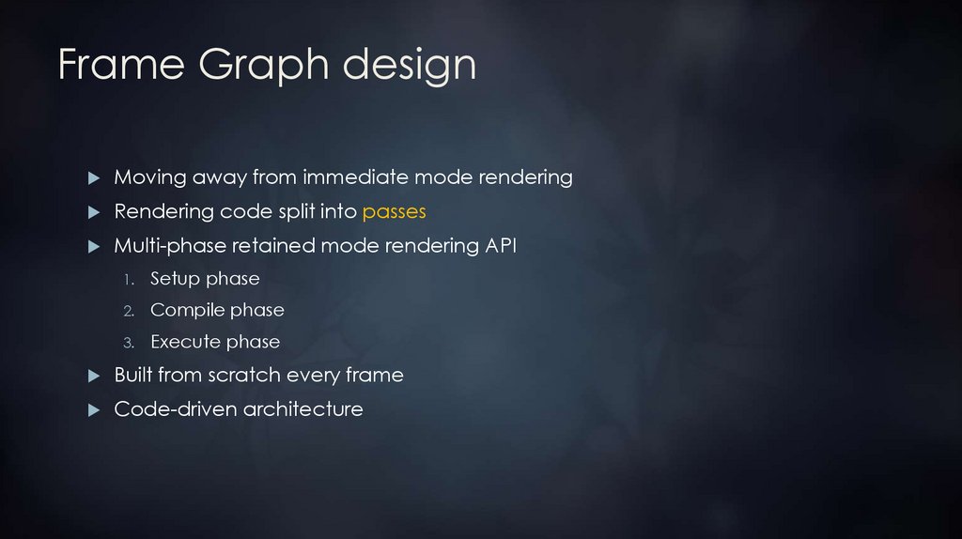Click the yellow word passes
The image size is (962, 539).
[x=395, y=212]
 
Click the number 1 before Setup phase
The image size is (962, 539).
[x=130, y=280]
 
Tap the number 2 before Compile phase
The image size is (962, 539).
[x=130, y=311]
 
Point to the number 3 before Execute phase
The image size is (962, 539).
[x=130, y=343]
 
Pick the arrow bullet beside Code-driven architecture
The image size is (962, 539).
[x=93, y=410]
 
